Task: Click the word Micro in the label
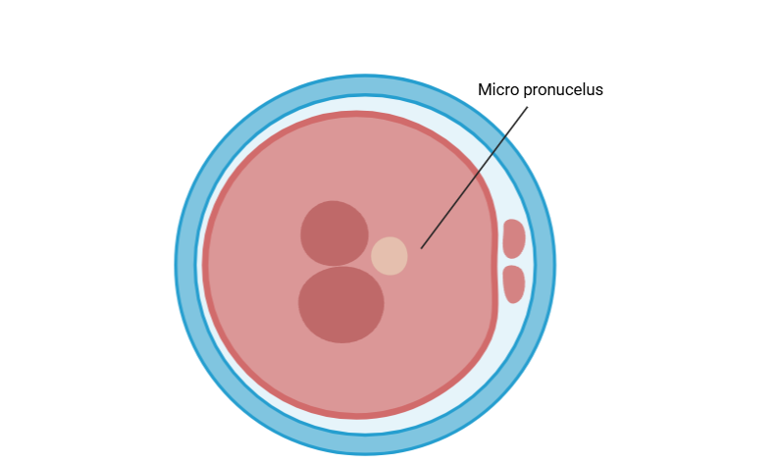coord(498,90)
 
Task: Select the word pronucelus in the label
coord(563,90)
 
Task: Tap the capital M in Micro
coord(484,90)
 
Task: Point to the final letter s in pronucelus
coord(599,91)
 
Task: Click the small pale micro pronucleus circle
coord(389,256)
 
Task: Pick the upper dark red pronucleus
coord(335,233)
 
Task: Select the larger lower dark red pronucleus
coord(341,305)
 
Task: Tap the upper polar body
coord(513,238)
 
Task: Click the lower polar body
coord(513,284)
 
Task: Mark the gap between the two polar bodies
coord(513,262)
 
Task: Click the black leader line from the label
coord(474,178)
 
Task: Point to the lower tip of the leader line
coord(421,248)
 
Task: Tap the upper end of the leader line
coord(528,107)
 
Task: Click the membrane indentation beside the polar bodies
coord(495,261)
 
